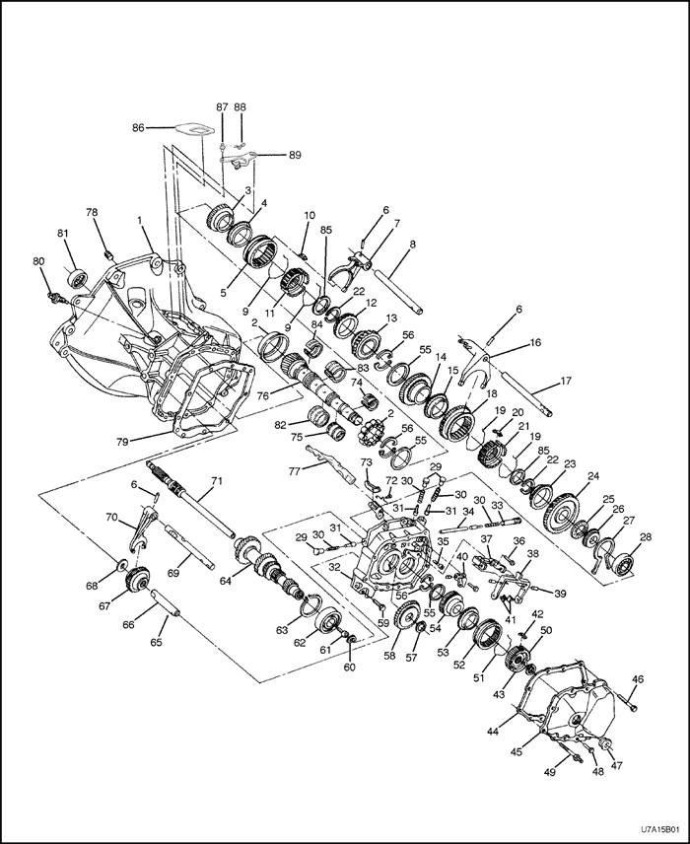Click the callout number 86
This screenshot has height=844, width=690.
point(138,127)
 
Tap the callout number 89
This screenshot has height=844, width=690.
point(294,155)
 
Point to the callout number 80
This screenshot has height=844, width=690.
point(39,261)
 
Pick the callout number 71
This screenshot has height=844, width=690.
point(216,481)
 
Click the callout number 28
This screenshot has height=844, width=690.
point(646,537)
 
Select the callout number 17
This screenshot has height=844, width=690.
point(566,382)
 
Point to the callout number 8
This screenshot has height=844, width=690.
point(412,244)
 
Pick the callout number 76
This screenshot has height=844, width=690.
point(262,395)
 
